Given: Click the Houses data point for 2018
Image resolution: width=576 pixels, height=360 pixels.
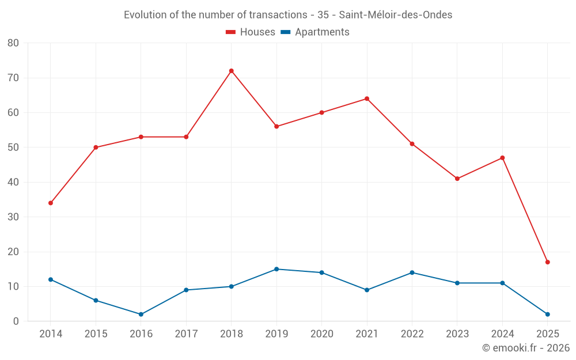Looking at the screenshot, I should (x=231, y=71).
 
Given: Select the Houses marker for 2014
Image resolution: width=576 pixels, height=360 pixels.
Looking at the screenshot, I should (x=51, y=203).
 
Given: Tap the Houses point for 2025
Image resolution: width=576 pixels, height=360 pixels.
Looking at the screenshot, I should (x=547, y=262).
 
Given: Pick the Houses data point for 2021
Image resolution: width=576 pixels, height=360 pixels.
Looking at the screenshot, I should (x=366, y=98).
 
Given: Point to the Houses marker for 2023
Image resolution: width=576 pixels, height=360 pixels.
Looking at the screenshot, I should (x=457, y=179).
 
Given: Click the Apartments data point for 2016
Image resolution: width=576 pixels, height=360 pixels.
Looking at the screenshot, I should (x=141, y=314).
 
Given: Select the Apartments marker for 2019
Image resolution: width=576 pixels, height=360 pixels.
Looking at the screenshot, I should (x=276, y=269).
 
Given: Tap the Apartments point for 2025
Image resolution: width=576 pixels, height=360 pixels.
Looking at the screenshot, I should (x=547, y=314).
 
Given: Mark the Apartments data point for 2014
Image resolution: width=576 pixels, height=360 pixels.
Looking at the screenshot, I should (x=51, y=279).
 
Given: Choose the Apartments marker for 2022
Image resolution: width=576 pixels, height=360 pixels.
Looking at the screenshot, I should (x=412, y=272).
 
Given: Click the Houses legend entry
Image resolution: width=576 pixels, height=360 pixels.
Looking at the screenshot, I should (x=251, y=32).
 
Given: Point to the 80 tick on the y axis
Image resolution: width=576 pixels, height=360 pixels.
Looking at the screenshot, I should (x=13, y=43).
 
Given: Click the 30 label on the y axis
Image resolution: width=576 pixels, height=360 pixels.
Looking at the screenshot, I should (x=13, y=217).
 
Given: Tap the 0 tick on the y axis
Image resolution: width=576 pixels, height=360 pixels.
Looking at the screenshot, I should (x=16, y=321).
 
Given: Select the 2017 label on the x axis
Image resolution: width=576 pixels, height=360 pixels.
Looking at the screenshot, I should (x=186, y=334).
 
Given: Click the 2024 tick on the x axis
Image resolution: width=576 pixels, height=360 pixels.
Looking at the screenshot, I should (x=502, y=334).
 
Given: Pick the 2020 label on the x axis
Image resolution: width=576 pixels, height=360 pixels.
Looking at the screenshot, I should (x=321, y=334).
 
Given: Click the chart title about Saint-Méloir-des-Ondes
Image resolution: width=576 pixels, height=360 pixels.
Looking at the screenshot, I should (x=288, y=15).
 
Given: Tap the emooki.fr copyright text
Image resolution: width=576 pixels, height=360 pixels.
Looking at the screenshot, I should (x=525, y=348).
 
